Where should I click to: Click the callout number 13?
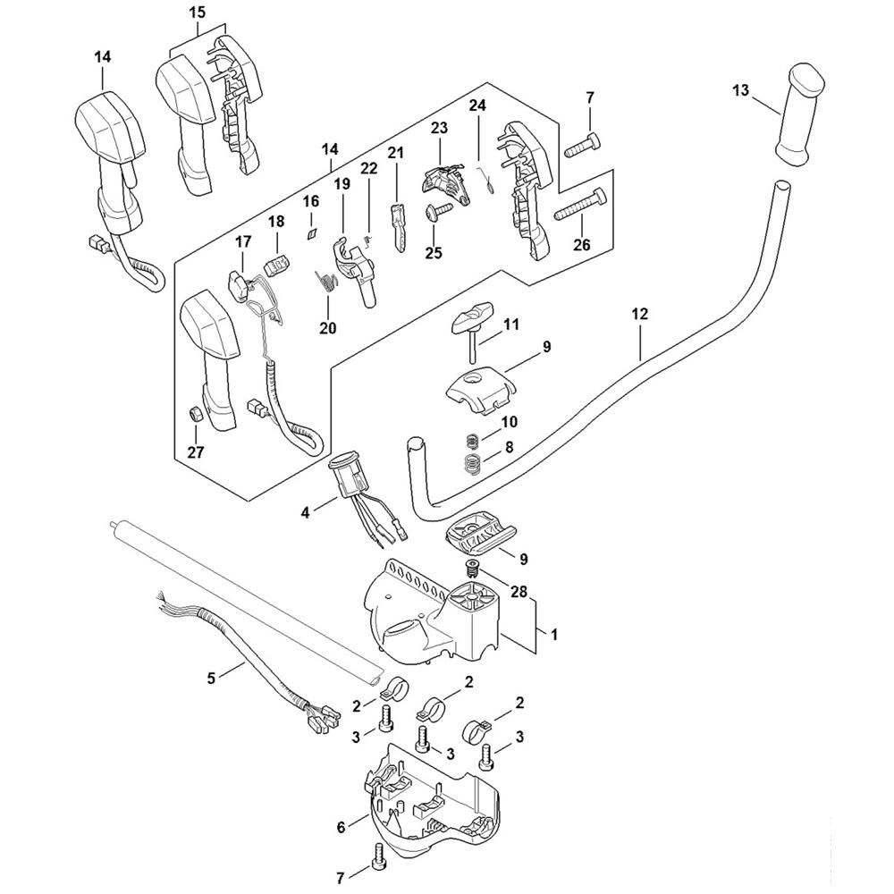pyautogui.click(x=740, y=90)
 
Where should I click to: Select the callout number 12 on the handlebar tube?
pyautogui.click(x=639, y=315)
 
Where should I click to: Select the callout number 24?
pyautogui.click(x=477, y=105)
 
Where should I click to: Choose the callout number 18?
pyautogui.click(x=275, y=221)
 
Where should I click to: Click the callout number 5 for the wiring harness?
pyautogui.click(x=212, y=679)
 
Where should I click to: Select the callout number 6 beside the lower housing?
pyautogui.click(x=341, y=828)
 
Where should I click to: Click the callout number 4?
pyautogui.click(x=306, y=512)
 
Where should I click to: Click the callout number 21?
pyautogui.click(x=395, y=154)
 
